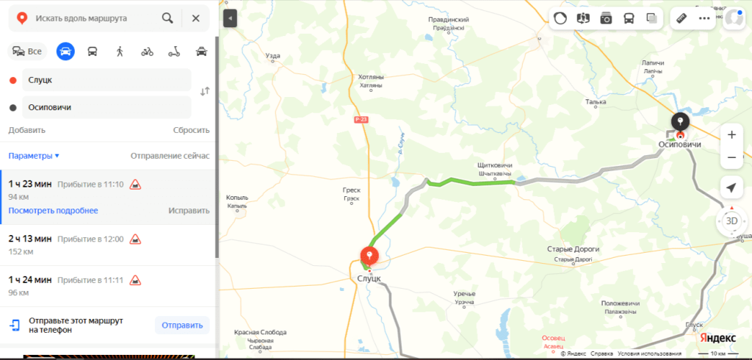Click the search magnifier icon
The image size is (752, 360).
[x=167, y=18]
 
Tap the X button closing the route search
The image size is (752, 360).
[x=195, y=18]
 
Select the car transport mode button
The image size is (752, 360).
[x=65, y=51]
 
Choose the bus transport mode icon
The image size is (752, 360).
[x=93, y=51]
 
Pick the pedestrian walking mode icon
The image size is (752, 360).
[x=120, y=51]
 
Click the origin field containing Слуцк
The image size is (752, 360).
[x=106, y=79]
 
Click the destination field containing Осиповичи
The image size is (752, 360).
[x=106, y=107]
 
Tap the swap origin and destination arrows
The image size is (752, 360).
[x=205, y=91]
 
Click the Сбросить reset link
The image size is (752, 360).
[x=191, y=130]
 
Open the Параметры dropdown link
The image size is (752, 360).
[x=34, y=156]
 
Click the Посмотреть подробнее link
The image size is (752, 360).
[x=53, y=210]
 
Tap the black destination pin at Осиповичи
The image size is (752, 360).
[x=680, y=122]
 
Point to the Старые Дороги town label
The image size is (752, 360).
[x=574, y=249]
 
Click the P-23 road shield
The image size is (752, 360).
[x=360, y=119]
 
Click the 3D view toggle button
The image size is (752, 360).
[x=731, y=220]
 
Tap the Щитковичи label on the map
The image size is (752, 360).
[x=494, y=166]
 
